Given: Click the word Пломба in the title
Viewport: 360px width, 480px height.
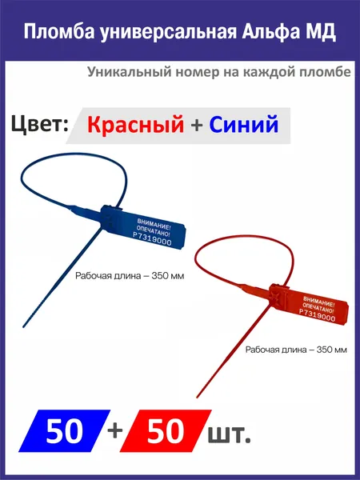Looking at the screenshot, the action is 59,31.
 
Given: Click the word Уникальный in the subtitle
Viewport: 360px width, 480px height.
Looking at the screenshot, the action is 127,72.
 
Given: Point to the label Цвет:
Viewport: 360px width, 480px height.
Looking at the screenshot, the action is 39,124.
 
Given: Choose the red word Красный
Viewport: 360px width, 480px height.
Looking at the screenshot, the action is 136,125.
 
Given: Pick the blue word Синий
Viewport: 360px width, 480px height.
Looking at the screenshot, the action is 244,124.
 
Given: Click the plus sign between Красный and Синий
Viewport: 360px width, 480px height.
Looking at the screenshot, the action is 197,126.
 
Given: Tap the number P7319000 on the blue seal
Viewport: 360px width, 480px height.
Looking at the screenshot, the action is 152,238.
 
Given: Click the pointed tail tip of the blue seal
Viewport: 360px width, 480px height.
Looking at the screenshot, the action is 23,327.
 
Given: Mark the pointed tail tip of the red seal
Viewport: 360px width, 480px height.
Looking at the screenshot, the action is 197,397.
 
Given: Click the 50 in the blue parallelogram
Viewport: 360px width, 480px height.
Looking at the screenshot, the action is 64,431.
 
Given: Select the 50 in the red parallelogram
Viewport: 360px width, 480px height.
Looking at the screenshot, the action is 166,431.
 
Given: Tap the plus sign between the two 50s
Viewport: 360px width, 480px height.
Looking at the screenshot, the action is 115,431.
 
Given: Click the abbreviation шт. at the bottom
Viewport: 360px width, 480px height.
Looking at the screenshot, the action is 230,434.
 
